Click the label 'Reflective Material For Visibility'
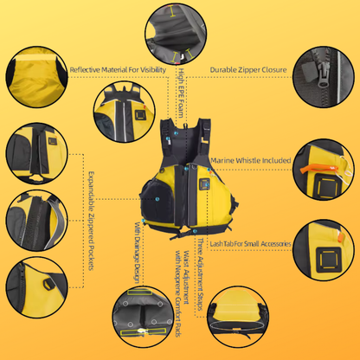pos(118,70)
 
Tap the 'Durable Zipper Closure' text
pos(248,70)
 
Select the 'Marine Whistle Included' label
pos(251,160)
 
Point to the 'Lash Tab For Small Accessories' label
pos(250,244)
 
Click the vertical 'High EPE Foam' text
pos(181,93)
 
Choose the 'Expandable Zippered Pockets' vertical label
pos(91,221)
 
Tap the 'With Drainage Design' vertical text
pos(138,253)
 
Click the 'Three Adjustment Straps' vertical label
pos(200,274)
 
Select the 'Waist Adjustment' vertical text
pos(187,277)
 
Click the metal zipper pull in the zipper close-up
pos(323,79)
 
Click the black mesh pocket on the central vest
pos(157,200)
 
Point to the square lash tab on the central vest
pos(204,184)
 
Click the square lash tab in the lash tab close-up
pos(328,260)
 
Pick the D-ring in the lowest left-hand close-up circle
pos(48,285)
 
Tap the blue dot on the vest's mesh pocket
pos(157,199)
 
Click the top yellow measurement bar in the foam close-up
pos(173,11)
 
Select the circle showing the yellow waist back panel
pos(238,317)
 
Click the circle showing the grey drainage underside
pos(144,317)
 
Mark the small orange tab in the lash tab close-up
pos(340,237)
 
